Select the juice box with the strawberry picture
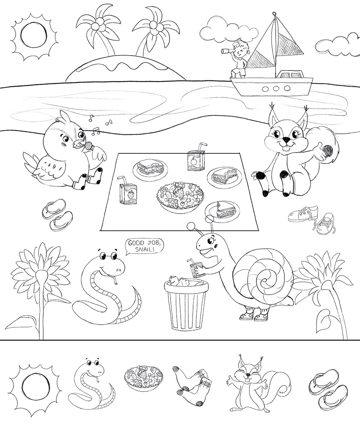[x=128, y=190]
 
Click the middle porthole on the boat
[x=276, y=89]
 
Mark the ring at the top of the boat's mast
[x=274, y=14]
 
